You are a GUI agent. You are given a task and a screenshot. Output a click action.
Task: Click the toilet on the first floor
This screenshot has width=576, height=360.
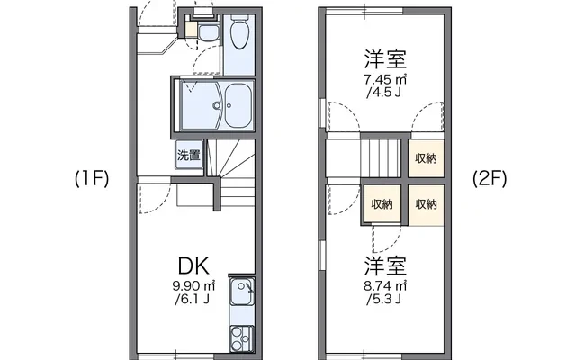click(239, 31)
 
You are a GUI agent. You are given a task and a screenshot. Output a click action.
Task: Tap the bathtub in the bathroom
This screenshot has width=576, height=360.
click(238, 105)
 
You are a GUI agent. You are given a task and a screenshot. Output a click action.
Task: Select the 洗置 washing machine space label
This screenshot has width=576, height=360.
click(189, 155)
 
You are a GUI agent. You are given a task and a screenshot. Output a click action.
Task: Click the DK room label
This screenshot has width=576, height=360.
click(193, 266)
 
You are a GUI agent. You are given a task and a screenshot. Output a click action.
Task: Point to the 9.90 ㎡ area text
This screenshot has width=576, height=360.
click(193, 285)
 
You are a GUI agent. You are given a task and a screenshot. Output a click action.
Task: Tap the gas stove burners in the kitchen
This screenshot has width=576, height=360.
click(242, 338)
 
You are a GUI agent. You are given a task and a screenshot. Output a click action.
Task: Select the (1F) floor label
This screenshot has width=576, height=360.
click(92, 179)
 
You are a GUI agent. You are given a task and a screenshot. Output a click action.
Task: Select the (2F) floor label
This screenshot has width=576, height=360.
click(490, 179)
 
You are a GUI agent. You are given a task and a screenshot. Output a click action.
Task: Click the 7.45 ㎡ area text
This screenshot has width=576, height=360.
click(385, 79)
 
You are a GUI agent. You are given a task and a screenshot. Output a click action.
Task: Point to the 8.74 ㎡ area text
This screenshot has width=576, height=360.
click(385, 285)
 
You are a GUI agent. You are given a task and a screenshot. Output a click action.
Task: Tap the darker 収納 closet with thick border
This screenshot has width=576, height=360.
click(382, 204)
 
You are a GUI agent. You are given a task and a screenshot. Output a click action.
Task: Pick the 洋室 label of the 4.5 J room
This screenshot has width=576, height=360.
click(385, 58)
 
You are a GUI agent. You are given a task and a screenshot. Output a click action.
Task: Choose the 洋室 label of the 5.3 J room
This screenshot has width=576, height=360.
click(385, 266)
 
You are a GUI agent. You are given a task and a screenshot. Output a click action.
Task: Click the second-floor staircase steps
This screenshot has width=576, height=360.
click(381, 158)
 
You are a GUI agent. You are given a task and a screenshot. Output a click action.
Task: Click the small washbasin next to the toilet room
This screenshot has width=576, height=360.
click(208, 31)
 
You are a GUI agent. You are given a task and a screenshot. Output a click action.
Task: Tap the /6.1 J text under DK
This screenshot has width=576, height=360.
click(193, 300)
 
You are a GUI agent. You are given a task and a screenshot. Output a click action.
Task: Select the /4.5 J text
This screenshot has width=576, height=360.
click(383, 92)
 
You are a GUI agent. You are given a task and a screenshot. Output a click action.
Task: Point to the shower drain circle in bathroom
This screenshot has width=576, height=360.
click(217, 106)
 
